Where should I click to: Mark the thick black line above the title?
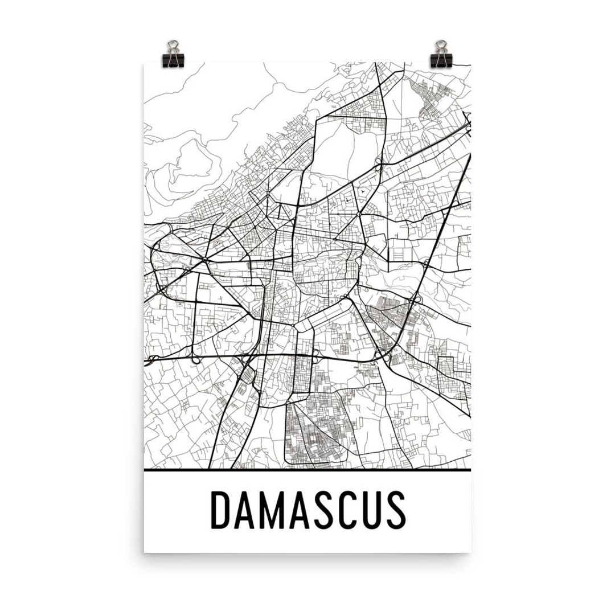[307, 471]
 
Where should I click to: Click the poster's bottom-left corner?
[145, 552]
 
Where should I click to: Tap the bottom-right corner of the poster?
[471, 552]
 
